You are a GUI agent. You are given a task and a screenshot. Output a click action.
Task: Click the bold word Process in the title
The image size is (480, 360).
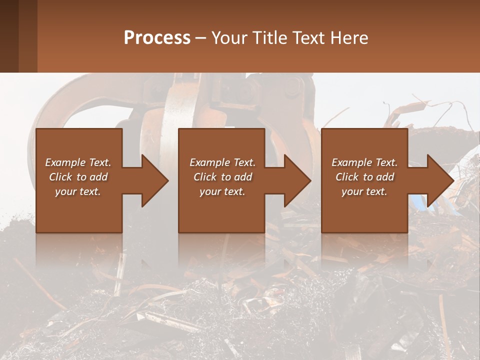point(157,38)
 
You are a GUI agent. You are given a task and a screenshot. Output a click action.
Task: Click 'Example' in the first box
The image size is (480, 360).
point(64,162)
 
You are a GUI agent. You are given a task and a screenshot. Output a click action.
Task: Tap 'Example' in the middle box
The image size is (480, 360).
point(209,162)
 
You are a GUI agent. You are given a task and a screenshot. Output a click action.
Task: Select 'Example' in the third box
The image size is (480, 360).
point(351,162)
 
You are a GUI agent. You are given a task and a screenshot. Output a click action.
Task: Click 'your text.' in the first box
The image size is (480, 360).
point(78,191)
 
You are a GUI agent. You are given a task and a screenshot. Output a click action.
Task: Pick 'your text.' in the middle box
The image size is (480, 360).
point(222,191)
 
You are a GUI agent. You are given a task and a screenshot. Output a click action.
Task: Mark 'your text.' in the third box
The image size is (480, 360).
point(364,191)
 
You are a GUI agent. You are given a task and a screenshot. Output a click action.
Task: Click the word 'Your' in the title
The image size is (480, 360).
point(227,38)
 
